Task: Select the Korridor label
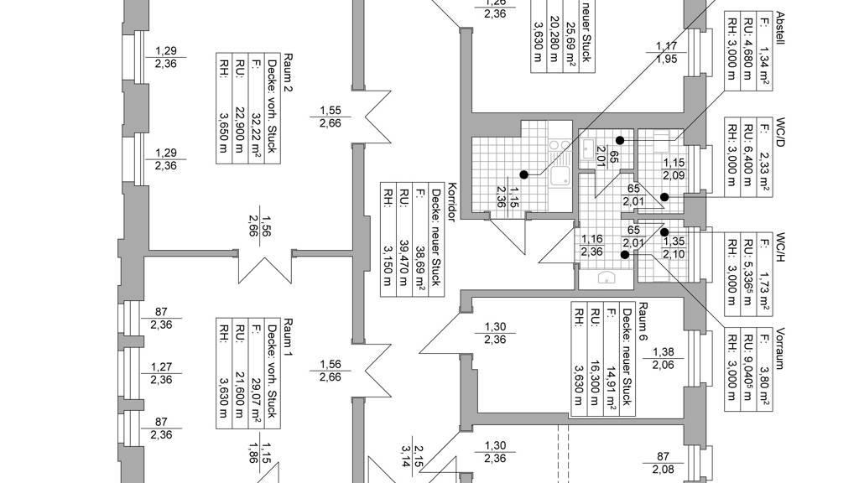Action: click(x=451, y=201)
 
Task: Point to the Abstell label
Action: click(x=780, y=29)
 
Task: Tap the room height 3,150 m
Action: click(x=388, y=255)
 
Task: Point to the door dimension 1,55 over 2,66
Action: click(x=330, y=117)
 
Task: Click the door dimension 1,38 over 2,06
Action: click(x=664, y=358)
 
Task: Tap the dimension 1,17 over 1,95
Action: click(x=667, y=53)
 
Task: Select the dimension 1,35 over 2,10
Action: click(x=674, y=248)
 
